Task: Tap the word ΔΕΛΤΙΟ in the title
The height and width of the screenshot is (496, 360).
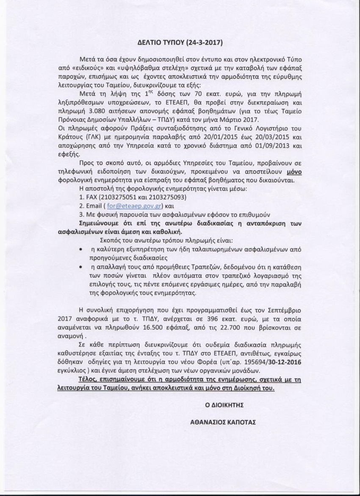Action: (151, 43)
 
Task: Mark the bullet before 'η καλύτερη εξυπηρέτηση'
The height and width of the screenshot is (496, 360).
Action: (80, 250)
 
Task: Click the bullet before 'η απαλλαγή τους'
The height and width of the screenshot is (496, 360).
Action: (80, 267)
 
